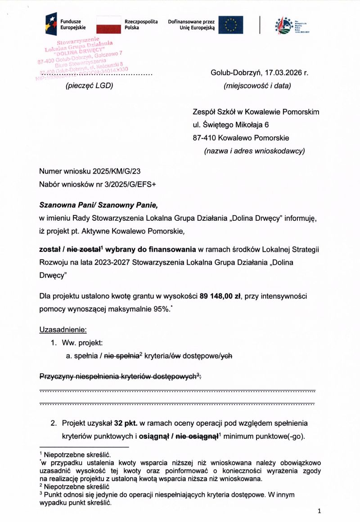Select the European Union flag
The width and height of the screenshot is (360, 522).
click(230, 25)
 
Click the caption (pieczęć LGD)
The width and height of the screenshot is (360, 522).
click(90, 85)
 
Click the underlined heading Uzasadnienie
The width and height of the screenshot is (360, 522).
click(63, 330)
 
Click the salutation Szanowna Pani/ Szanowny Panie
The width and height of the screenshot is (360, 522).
click(99, 205)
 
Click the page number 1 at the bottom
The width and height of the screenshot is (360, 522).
click(319, 511)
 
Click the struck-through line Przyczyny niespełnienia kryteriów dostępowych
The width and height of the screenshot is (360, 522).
click(119, 376)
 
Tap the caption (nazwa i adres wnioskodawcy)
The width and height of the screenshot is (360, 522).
click(254, 151)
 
